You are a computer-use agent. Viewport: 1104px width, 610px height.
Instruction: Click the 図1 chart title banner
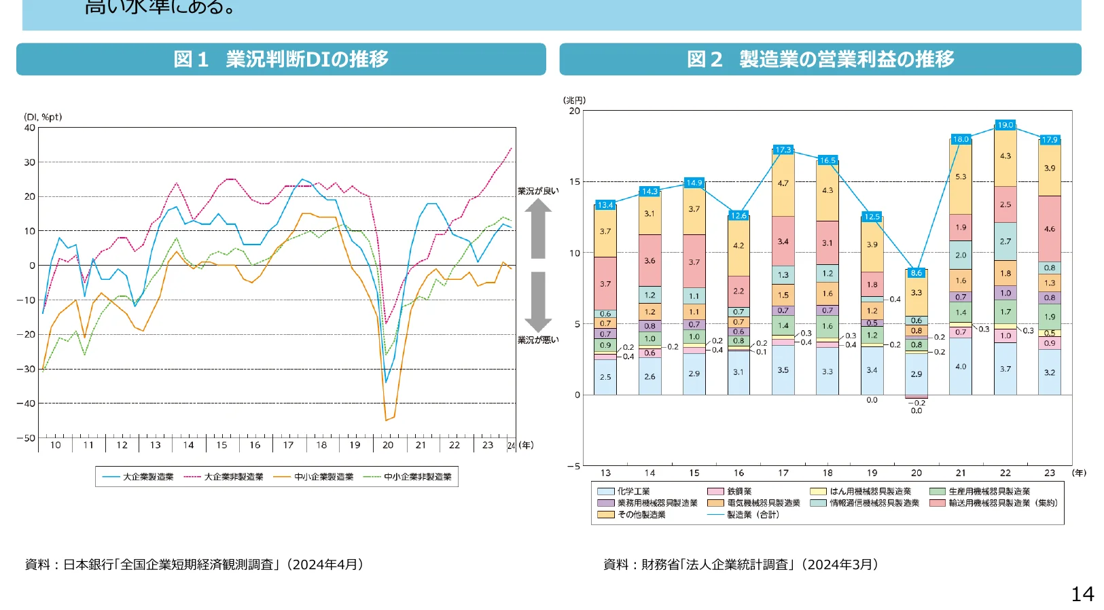[281, 59]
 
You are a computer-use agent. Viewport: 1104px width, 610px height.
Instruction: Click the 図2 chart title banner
[820, 59]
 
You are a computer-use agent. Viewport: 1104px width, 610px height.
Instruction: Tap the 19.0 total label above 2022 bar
[1005, 125]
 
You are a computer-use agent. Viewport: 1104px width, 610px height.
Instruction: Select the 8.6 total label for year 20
[916, 272]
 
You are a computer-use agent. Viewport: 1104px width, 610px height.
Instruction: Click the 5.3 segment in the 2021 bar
[960, 177]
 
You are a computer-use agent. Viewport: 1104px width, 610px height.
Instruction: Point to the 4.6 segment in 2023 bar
[1049, 229]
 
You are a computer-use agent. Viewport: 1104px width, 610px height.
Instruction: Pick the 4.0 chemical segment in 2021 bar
[960, 367]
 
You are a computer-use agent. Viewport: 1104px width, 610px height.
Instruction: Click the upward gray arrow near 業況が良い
[537, 228]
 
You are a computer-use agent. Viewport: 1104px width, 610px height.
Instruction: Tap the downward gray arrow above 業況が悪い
[537, 301]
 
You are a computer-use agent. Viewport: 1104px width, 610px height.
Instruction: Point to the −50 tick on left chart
[26, 438]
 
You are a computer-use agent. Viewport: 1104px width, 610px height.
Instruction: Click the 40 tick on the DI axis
[29, 128]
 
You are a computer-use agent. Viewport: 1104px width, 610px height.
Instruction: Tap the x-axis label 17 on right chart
[783, 473]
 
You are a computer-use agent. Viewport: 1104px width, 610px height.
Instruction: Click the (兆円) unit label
[574, 100]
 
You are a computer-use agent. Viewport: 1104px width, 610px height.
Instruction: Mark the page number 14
[1082, 594]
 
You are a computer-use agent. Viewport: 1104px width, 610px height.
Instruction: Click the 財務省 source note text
[741, 564]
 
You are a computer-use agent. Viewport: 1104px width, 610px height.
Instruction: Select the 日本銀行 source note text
[194, 564]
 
